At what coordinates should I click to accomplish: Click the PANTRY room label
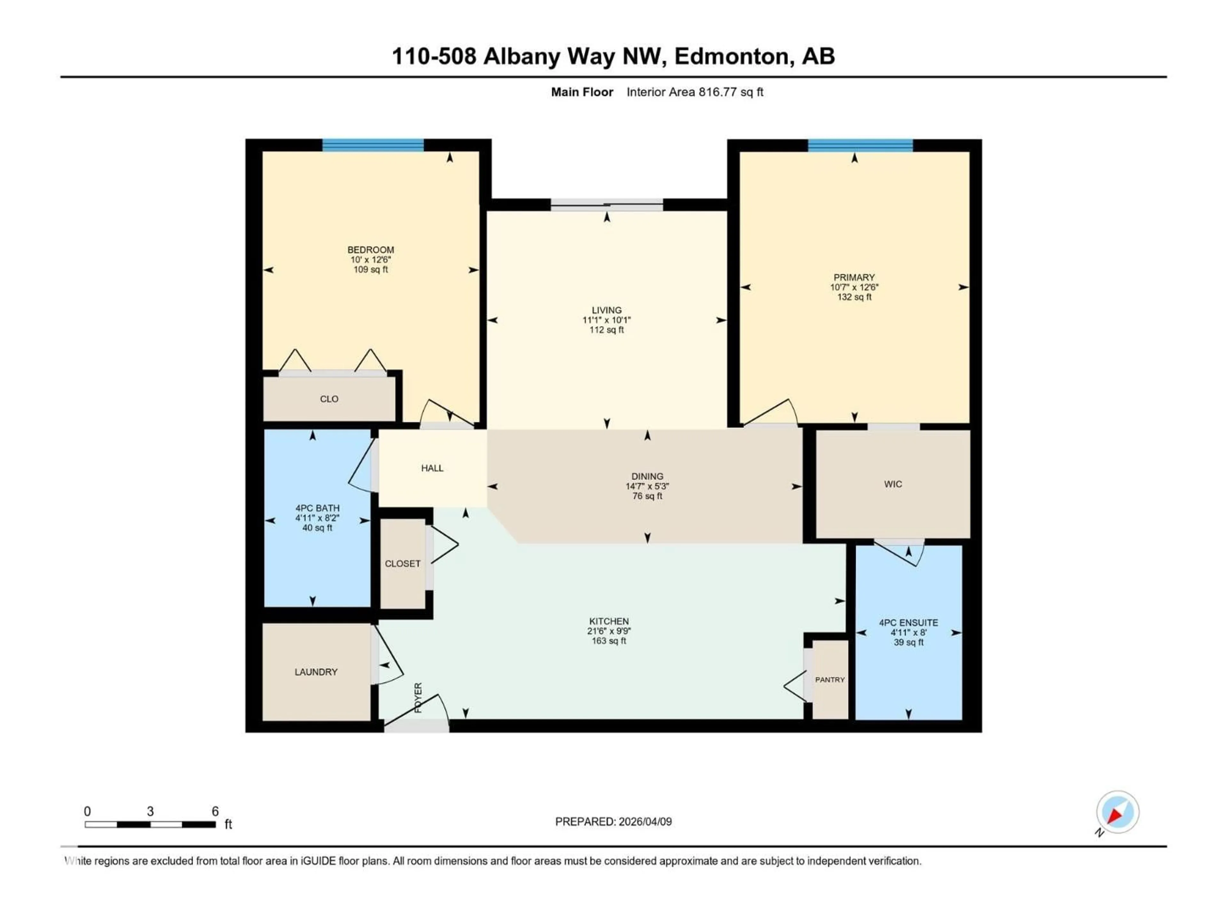click(830, 680)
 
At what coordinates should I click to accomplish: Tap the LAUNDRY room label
click(316, 672)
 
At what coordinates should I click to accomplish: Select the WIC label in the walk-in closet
click(893, 484)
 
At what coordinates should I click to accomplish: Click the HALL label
click(432, 468)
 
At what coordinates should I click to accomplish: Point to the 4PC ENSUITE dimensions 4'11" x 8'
click(908, 632)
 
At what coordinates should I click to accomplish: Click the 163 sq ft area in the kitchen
click(609, 641)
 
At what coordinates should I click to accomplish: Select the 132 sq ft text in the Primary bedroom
click(854, 297)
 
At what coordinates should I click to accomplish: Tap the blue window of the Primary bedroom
click(860, 146)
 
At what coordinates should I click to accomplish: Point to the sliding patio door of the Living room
click(607, 205)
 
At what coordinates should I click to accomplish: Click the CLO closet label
click(329, 398)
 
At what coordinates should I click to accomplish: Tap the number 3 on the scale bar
click(150, 811)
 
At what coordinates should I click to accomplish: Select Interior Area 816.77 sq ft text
click(695, 92)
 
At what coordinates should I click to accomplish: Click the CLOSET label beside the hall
click(403, 563)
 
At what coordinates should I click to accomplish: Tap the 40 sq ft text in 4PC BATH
click(317, 528)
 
